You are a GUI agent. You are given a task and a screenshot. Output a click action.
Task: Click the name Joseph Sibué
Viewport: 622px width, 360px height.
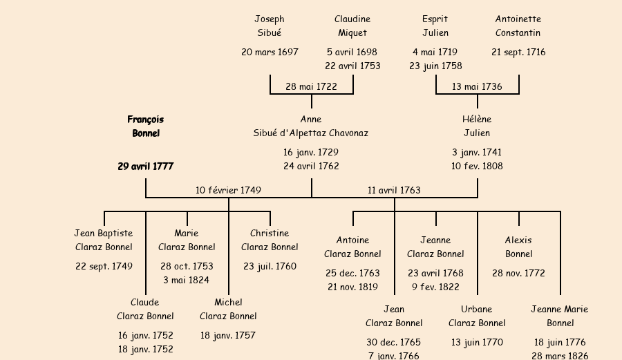(270, 26)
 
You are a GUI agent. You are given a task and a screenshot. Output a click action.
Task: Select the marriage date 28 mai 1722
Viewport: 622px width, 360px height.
(311, 86)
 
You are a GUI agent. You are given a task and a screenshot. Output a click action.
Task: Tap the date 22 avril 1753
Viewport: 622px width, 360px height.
(352, 66)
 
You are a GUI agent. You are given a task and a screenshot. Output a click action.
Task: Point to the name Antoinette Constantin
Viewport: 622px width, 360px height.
(518, 26)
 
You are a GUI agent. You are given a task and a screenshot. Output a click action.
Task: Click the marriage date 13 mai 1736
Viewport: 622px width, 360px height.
(477, 86)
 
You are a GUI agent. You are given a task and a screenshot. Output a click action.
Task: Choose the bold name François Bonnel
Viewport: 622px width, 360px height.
(146, 126)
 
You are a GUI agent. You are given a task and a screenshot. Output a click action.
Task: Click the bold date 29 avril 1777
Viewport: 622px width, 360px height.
(146, 167)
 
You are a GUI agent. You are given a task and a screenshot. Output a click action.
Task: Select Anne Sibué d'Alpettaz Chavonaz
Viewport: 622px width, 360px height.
(311, 126)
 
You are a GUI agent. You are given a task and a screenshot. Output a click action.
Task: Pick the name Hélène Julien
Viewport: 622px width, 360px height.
(477, 126)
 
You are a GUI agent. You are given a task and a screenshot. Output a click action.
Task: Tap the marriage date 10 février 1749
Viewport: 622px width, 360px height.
(228, 190)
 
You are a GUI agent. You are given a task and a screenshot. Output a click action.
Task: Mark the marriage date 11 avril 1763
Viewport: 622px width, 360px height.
(394, 190)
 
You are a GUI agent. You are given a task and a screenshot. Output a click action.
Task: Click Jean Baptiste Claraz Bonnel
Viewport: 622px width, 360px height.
(104, 240)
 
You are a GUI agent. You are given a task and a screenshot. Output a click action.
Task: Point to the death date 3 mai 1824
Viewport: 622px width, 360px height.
(187, 280)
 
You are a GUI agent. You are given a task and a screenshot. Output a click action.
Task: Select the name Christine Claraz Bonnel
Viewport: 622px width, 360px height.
(270, 240)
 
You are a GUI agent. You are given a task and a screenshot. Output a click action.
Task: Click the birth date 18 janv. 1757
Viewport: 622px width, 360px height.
(228, 335)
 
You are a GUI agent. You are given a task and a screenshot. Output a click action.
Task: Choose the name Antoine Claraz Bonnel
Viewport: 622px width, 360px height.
(352, 247)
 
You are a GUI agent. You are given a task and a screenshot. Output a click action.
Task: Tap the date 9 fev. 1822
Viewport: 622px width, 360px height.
(435, 287)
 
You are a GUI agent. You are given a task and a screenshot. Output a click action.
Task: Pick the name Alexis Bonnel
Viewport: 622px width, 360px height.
(518, 247)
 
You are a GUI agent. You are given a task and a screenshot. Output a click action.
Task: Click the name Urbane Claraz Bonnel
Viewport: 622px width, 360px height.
(477, 316)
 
